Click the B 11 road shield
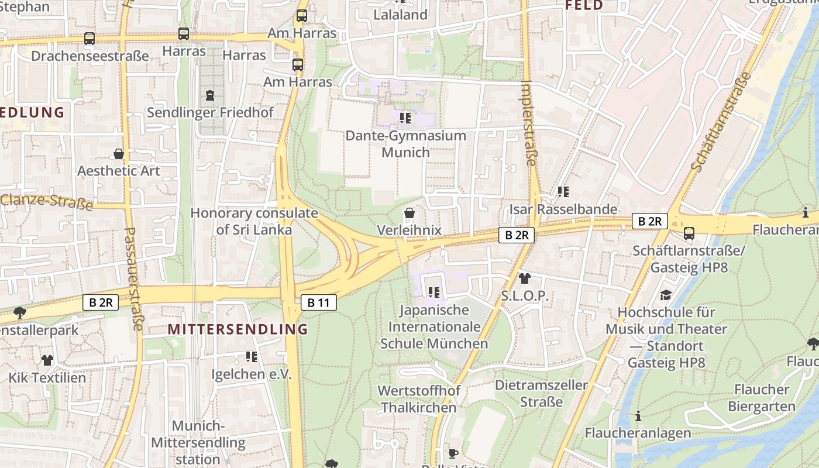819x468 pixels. coord(319,302)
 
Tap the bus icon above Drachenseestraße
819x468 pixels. coord(90,39)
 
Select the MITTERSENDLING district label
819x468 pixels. coord(238,329)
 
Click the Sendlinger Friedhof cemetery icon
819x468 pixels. coord(210,95)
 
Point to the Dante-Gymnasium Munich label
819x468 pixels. coord(405,144)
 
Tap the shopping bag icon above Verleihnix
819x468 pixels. coord(409,213)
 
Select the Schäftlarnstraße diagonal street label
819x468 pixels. coord(721,122)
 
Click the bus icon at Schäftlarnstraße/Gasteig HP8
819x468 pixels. coord(689,233)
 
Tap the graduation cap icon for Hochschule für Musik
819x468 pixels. coord(666,295)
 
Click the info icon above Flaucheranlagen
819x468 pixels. coord(638,417)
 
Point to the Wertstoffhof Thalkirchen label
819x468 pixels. coord(419,399)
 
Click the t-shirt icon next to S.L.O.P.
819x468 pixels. coord(525,278)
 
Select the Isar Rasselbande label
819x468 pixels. coord(563,209)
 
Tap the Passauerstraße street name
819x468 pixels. coord(133,278)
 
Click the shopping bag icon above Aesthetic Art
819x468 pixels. coord(119,154)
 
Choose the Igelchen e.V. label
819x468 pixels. coord(251,374)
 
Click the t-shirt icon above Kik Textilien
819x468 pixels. coord(47,360)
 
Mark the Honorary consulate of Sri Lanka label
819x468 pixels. coord(254,221)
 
